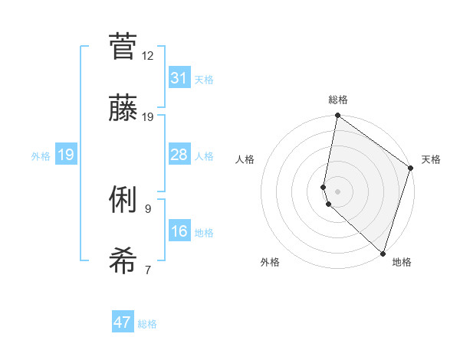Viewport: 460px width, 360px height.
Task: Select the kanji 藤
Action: (x=123, y=109)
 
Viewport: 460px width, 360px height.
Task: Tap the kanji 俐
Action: (x=123, y=201)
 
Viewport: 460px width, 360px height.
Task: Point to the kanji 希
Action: (x=123, y=262)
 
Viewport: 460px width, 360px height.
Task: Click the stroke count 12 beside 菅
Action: (x=148, y=55)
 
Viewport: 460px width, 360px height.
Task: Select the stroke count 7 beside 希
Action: (x=148, y=270)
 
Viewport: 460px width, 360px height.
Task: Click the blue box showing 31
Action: (x=179, y=78)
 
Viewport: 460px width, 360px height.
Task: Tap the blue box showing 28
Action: (x=179, y=155)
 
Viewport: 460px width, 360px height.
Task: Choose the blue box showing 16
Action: (x=179, y=231)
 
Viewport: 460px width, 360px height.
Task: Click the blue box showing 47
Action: (x=123, y=322)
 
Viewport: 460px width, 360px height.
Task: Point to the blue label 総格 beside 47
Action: (x=147, y=324)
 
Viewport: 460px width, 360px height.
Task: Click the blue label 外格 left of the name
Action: (x=41, y=156)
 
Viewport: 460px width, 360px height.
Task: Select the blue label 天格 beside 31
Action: (x=204, y=80)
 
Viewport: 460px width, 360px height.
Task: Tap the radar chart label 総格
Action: (x=338, y=100)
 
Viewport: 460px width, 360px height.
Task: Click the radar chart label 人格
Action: (x=245, y=159)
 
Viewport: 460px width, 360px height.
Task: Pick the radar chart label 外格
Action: (x=270, y=262)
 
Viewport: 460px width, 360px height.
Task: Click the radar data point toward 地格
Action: (x=383, y=254)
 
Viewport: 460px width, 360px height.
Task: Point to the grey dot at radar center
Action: (x=338, y=191)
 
